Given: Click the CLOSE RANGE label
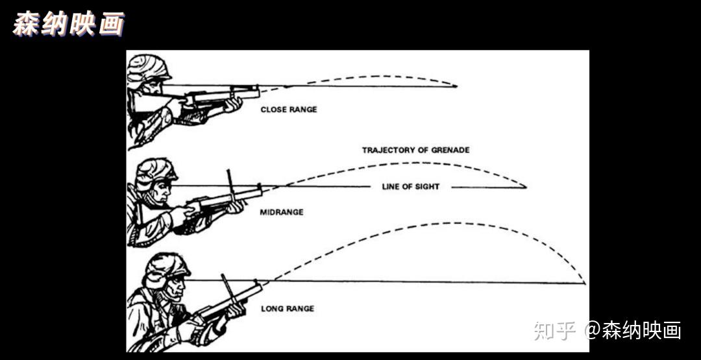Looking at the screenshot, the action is click(289, 110).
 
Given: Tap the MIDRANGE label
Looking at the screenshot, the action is click(282, 212).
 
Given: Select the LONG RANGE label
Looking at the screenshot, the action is click(288, 309).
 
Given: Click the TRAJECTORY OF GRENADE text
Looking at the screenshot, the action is click(415, 150).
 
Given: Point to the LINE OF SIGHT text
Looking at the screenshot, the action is click(410, 187).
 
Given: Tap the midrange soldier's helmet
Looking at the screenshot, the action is click(156, 169).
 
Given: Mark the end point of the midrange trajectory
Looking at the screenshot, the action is click(525, 187).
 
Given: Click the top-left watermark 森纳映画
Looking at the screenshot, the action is click(68, 24).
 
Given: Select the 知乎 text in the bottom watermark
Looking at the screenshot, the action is click(555, 330).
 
